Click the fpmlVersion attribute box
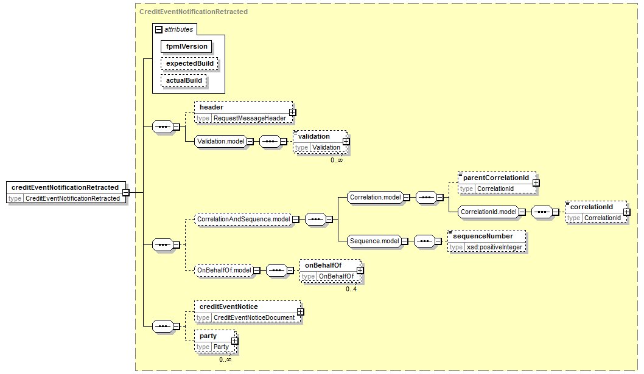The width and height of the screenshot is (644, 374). pyautogui.click(x=186, y=46)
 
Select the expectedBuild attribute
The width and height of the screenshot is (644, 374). pyautogui.click(x=189, y=64)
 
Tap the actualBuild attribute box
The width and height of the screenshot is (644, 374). pyautogui.click(x=184, y=80)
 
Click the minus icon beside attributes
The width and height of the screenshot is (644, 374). pyautogui.click(x=158, y=30)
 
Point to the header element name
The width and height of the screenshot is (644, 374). pyautogui.click(x=211, y=107)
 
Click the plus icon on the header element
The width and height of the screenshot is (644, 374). pyautogui.click(x=292, y=112)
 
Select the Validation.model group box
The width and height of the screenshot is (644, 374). pyautogui.click(x=220, y=141)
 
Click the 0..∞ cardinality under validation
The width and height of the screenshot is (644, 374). pyautogui.click(x=337, y=160)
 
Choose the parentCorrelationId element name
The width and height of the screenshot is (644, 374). pyautogui.click(x=496, y=178)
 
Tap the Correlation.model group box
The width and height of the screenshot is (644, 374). pyautogui.click(x=376, y=198)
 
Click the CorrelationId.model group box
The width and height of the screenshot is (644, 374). pyautogui.click(x=488, y=212)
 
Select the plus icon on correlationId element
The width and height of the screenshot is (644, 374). pyautogui.click(x=627, y=212)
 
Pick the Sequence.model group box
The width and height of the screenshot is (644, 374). pyautogui.click(x=374, y=241)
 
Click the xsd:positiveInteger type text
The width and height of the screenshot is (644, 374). pyautogui.click(x=494, y=247)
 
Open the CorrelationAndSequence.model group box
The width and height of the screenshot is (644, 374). pyautogui.click(x=243, y=219)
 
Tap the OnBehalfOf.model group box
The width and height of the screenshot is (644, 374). pyautogui.click(x=224, y=270)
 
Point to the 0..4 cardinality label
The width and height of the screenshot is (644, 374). pyautogui.click(x=351, y=289)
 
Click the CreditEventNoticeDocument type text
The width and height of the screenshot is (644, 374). pyautogui.click(x=254, y=318)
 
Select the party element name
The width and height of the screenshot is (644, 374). pyautogui.click(x=208, y=336)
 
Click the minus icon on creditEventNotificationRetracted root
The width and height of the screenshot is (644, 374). pyautogui.click(x=125, y=192)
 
